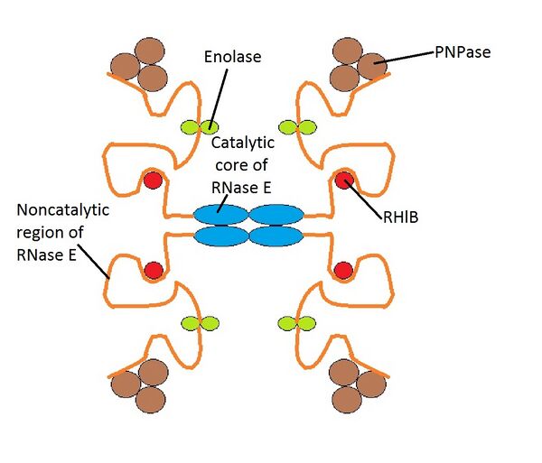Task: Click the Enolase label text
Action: [x=232, y=58]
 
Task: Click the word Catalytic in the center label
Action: [x=242, y=143]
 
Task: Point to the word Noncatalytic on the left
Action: [x=62, y=210]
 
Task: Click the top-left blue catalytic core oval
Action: [x=220, y=215]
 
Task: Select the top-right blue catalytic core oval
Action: [x=276, y=215]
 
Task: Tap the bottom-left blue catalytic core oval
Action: [x=220, y=236]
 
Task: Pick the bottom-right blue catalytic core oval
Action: [x=276, y=236]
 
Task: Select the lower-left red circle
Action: [x=154, y=270]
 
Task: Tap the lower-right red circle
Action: [x=343, y=270]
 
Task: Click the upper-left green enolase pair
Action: [x=201, y=127]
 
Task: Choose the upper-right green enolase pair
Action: [x=298, y=127]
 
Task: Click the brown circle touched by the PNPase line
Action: [x=369, y=65]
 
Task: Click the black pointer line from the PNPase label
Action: [x=416, y=56]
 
